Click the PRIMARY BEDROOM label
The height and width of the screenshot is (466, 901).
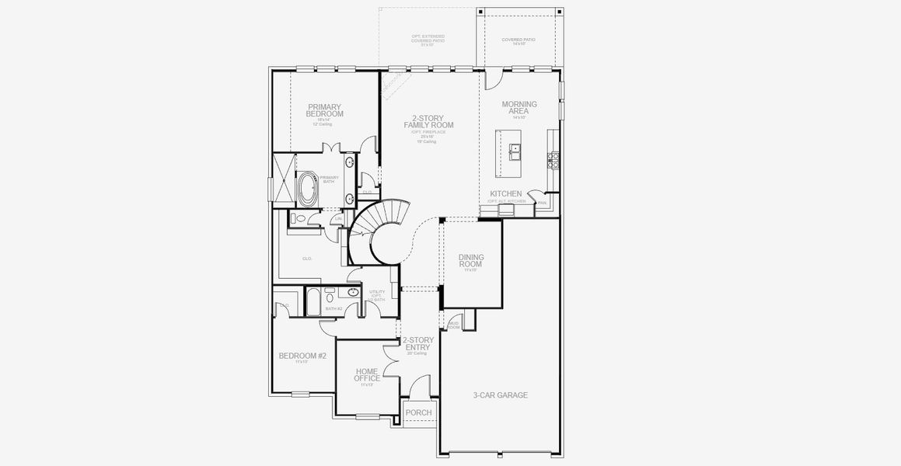325,110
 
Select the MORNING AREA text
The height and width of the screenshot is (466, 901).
519,107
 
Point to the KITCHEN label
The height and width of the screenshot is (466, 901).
505,193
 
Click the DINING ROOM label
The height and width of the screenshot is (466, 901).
471,260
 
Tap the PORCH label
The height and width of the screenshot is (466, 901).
418,412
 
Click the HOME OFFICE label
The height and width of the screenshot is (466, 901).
367,375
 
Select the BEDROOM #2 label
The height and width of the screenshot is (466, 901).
302,356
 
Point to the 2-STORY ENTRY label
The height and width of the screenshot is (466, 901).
418,343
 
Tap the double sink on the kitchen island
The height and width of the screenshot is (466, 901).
515,151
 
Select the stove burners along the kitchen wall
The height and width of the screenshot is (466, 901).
554,159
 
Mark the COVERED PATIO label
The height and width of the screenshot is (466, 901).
519,39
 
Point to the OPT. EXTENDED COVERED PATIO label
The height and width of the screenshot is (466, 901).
428,40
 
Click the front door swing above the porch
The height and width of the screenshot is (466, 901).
421,386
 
